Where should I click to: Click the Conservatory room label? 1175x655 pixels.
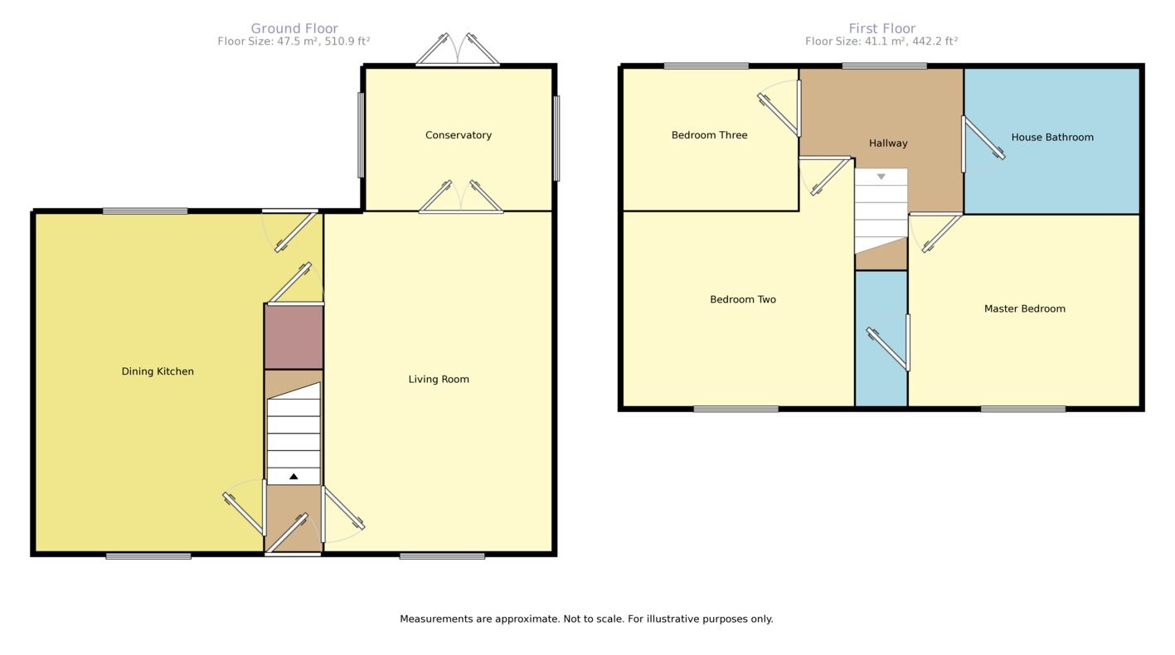tap(459, 135)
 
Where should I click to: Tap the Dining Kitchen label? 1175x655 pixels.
tap(158, 371)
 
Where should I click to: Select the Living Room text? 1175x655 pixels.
tap(439, 379)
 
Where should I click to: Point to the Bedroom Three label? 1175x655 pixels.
tap(709, 135)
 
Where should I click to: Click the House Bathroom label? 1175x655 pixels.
tap(1052, 138)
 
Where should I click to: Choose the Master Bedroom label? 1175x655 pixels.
tap(1024, 308)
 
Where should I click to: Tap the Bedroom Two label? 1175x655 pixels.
tap(743, 299)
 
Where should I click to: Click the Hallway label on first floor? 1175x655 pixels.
tap(888, 143)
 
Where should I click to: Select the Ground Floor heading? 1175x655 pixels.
tap(294, 28)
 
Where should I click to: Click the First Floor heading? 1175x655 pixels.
tap(881, 28)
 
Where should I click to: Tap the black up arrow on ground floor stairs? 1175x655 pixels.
tap(294, 476)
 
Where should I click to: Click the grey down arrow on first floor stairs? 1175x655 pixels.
tap(881, 177)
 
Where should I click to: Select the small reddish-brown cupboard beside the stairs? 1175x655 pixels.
tap(294, 337)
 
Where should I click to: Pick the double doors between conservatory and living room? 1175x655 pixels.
tap(461, 199)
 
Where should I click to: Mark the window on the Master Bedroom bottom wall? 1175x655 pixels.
tap(1023, 409)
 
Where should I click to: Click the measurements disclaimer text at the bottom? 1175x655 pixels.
tap(586, 619)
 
